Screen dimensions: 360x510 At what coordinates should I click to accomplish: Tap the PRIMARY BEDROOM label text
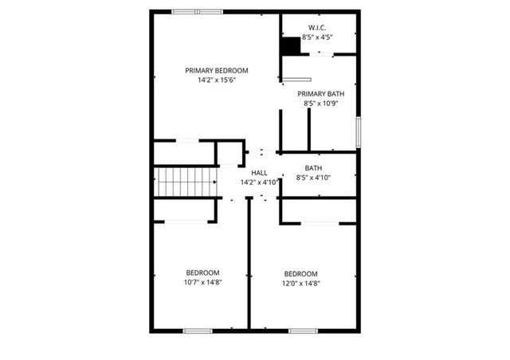click(218, 70)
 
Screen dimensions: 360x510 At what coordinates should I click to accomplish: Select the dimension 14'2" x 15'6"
click(218, 80)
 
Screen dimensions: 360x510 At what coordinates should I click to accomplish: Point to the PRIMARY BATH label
click(321, 94)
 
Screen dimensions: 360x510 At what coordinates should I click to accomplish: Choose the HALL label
click(259, 173)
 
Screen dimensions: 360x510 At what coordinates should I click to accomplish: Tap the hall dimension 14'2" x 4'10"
click(259, 182)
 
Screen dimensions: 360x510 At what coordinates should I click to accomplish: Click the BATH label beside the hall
click(313, 168)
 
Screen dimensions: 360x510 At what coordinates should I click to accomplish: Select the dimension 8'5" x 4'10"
click(313, 178)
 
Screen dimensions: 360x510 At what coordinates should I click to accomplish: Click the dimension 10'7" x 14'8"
click(203, 282)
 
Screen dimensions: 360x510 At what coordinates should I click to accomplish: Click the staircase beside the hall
click(186, 183)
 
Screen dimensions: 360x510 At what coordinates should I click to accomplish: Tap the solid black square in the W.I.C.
click(290, 47)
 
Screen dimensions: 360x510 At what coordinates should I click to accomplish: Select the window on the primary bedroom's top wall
click(198, 11)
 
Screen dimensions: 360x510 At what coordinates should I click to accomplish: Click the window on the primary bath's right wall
click(359, 131)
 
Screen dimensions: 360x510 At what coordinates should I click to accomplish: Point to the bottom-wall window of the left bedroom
click(197, 330)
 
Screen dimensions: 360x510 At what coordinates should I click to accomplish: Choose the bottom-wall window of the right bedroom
click(304, 330)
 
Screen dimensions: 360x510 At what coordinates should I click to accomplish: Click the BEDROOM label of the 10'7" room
click(203, 272)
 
